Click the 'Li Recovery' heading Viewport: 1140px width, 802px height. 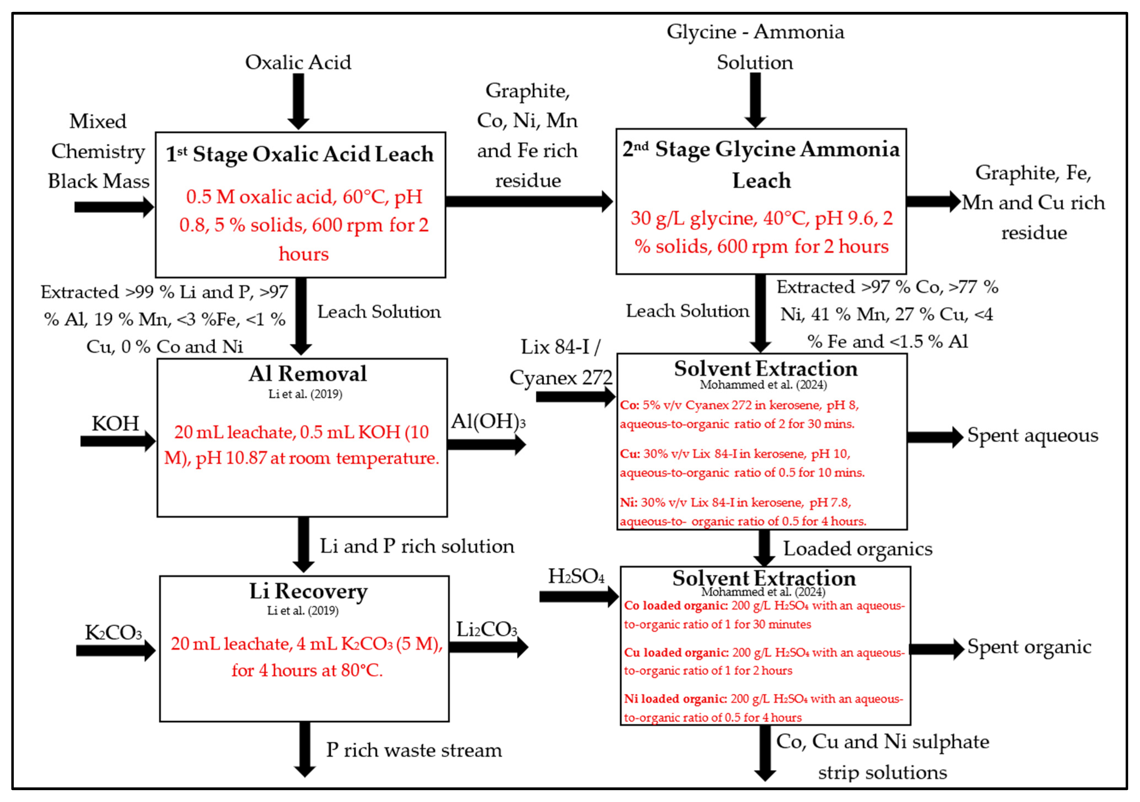pos(308,591)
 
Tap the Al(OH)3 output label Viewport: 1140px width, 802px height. pos(488,422)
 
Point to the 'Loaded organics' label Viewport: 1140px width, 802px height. pos(857,549)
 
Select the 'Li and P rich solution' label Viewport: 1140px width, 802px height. pos(416,546)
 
